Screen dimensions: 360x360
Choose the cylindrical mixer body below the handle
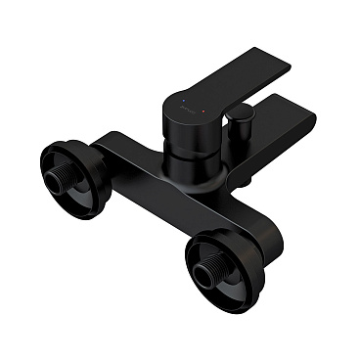(196, 147)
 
